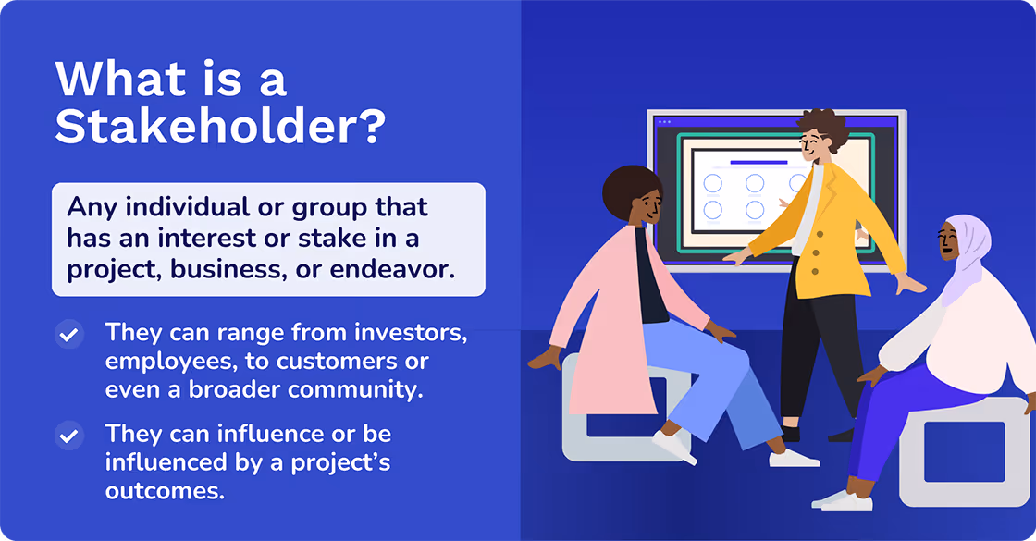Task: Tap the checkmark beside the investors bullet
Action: coord(68,335)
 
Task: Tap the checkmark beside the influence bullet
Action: coord(68,435)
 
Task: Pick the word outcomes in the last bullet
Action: coord(165,490)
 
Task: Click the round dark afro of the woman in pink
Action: coord(629,189)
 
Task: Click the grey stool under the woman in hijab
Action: coord(962,453)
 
